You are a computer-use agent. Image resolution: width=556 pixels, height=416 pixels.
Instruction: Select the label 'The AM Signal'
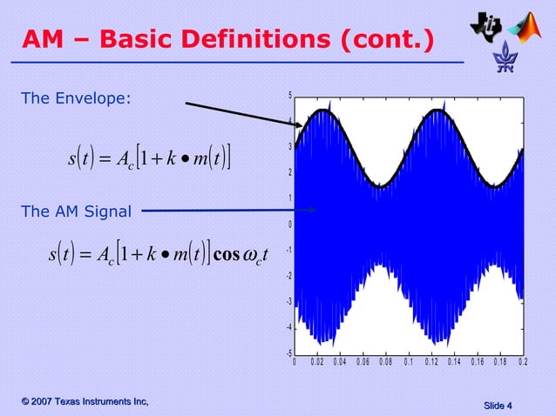click(76, 211)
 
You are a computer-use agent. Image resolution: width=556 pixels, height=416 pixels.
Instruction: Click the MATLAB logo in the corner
click(527, 28)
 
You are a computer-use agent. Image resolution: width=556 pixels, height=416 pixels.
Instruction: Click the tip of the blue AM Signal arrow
click(318, 210)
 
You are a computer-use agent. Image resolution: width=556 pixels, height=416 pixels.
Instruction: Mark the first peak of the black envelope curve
click(323, 110)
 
